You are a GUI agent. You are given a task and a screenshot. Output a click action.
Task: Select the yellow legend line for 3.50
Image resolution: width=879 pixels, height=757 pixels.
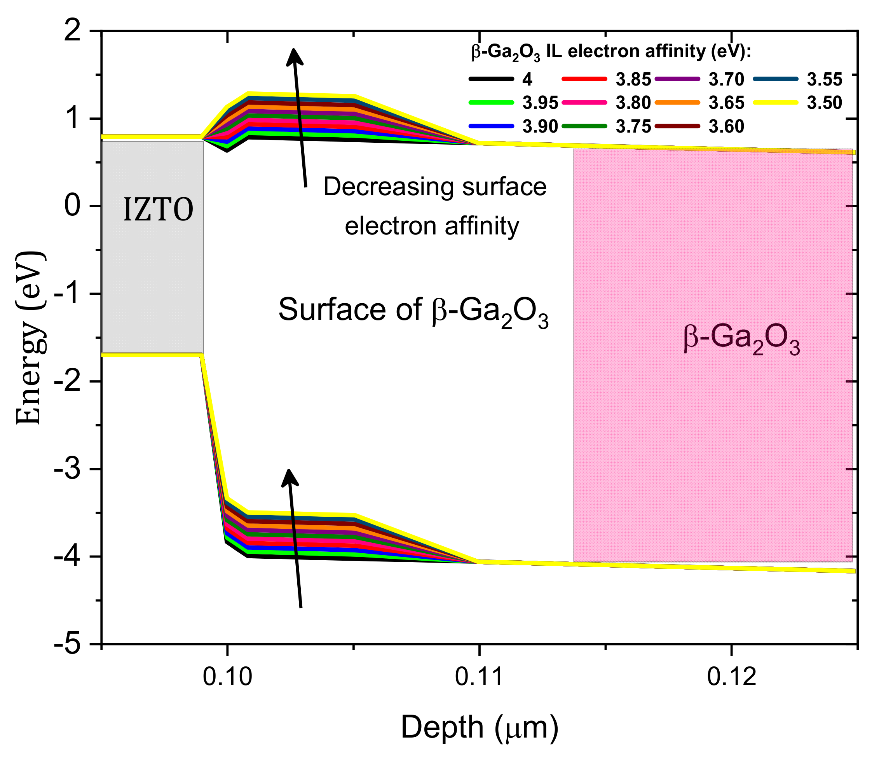[x=776, y=103]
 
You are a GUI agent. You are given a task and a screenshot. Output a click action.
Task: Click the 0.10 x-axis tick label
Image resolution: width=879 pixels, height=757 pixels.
[x=227, y=677]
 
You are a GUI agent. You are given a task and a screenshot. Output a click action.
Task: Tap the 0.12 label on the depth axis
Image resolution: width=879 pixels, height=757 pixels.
[x=732, y=677]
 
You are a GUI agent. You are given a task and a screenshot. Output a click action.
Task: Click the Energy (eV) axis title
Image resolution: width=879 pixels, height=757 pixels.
[x=29, y=337]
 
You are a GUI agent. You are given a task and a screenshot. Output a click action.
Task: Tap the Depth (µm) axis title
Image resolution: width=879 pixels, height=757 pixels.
[x=480, y=727]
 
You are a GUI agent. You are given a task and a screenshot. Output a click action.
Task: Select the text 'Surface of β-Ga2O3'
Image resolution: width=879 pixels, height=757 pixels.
[x=413, y=310]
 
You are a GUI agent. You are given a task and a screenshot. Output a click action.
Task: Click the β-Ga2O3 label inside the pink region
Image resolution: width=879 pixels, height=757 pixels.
[x=741, y=340]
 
